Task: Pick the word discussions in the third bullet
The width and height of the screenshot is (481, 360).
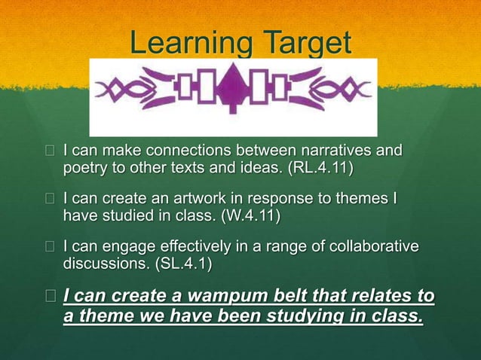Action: (x=97, y=264)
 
